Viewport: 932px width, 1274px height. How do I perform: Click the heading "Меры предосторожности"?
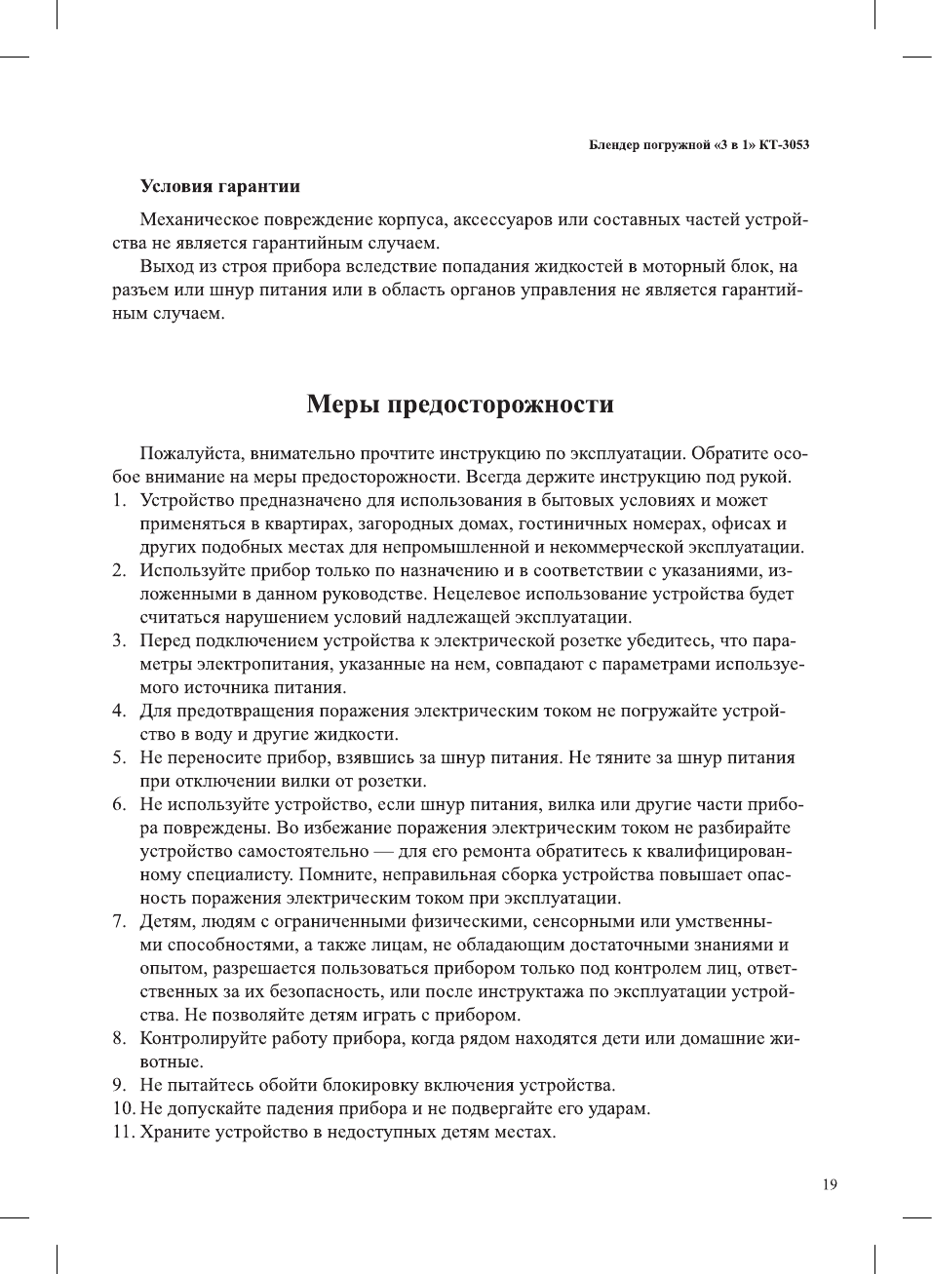click(460, 404)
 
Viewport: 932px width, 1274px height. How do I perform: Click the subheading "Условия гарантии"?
click(219, 186)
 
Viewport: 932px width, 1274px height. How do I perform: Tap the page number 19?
click(829, 1184)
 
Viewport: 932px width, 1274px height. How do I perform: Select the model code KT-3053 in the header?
click(785, 145)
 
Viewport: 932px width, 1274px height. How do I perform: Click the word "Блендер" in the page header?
click(615, 145)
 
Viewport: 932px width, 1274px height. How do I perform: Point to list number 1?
click(118, 501)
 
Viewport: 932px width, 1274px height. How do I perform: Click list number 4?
click(118, 712)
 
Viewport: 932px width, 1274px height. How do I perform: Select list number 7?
click(118, 922)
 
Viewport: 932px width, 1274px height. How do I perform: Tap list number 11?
click(122, 1133)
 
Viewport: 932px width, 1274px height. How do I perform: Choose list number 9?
click(118, 1086)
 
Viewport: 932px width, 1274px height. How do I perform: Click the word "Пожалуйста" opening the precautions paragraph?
click(190, 454)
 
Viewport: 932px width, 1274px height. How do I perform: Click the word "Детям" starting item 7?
click(166, 922)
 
